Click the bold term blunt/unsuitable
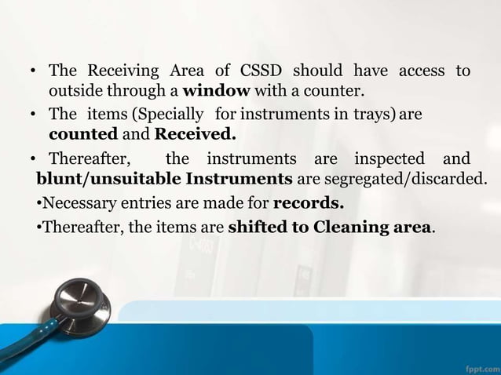click(x=100, y=180)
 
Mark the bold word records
click(x=308, y=204)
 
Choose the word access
click(x=422, y=71)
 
